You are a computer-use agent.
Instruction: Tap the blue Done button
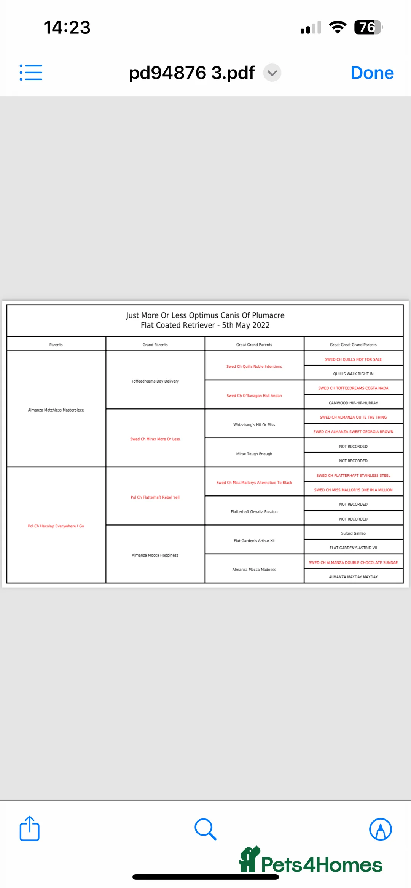pos(372,73)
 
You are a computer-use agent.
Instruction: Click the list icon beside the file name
pos(31,72)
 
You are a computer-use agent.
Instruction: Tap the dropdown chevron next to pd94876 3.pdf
pos(272,73)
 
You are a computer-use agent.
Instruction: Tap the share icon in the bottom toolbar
pos(30,828)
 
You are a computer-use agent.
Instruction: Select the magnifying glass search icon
pos(205,829)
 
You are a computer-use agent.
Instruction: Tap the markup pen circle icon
pos(380,829)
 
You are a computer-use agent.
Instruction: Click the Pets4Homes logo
pos(311,861)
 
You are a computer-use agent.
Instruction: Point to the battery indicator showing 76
pos(368,27)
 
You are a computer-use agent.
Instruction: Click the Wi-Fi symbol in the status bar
pos(337,27)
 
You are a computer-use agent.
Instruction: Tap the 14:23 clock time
pos(67,27)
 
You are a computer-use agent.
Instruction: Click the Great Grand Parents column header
pos(254,345)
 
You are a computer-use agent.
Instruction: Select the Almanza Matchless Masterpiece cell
pos(56,410)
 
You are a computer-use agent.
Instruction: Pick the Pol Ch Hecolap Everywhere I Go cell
pos(56,526)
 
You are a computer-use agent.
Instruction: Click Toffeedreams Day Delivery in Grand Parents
pos(155,381)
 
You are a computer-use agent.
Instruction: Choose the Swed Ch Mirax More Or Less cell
pos(155,439)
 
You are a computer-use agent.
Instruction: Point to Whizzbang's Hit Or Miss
pos(254,425)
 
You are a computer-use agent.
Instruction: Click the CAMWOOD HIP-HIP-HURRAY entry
pos(353,403)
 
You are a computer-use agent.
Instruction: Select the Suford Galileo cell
pos(353,533)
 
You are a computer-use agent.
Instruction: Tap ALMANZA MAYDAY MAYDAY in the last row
pos(353,577)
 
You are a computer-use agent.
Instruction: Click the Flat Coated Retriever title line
pos(205,325)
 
